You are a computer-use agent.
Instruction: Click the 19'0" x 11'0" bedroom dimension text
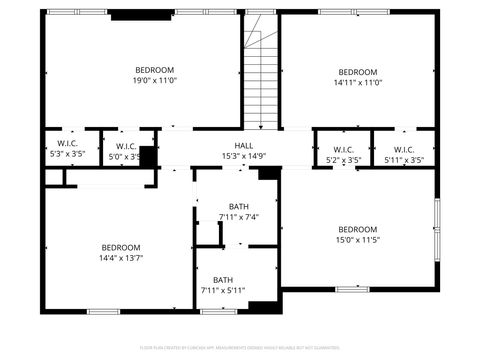155,82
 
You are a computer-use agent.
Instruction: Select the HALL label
230,145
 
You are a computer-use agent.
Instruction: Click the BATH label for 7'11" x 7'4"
238,206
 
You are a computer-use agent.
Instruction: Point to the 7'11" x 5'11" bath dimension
223,291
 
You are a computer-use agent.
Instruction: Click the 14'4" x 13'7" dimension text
120,259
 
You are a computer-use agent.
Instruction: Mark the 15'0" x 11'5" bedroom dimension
357,240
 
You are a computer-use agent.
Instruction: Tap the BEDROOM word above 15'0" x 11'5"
357,228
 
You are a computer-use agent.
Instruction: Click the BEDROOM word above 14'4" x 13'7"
120,247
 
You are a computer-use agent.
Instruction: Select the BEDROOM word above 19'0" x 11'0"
155,70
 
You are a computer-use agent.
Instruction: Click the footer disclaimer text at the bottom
240,346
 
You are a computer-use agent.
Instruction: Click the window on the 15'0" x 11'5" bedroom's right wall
436,227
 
